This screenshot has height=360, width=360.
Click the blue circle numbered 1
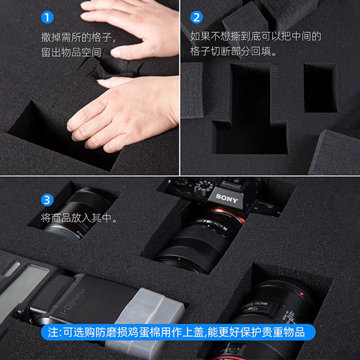pyautogui.click(x=47, y=18)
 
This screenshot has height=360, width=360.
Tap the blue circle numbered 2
pyautogui.click(x=196, y=18)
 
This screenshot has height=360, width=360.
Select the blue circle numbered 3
pyautogui.click(x=47, y=200)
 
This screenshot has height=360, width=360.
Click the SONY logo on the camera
pyautogui.click(x=227, y=198)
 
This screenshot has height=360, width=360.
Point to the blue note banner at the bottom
pyautogui.click(x=178, y=332)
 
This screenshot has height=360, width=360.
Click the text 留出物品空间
pyautogui.click(x=71, y=52)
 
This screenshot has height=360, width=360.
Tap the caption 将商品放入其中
pyautogui.click(x=79, y=218)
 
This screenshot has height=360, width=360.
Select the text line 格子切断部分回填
pyautogui.click(x=233, y=51)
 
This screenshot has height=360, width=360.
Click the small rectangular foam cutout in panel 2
pyautogui.click(x=320, y=88)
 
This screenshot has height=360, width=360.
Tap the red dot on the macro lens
pyautogui.click(x=301, y=294)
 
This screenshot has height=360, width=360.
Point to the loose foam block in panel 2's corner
pyautogui.click(x=335, y=153)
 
